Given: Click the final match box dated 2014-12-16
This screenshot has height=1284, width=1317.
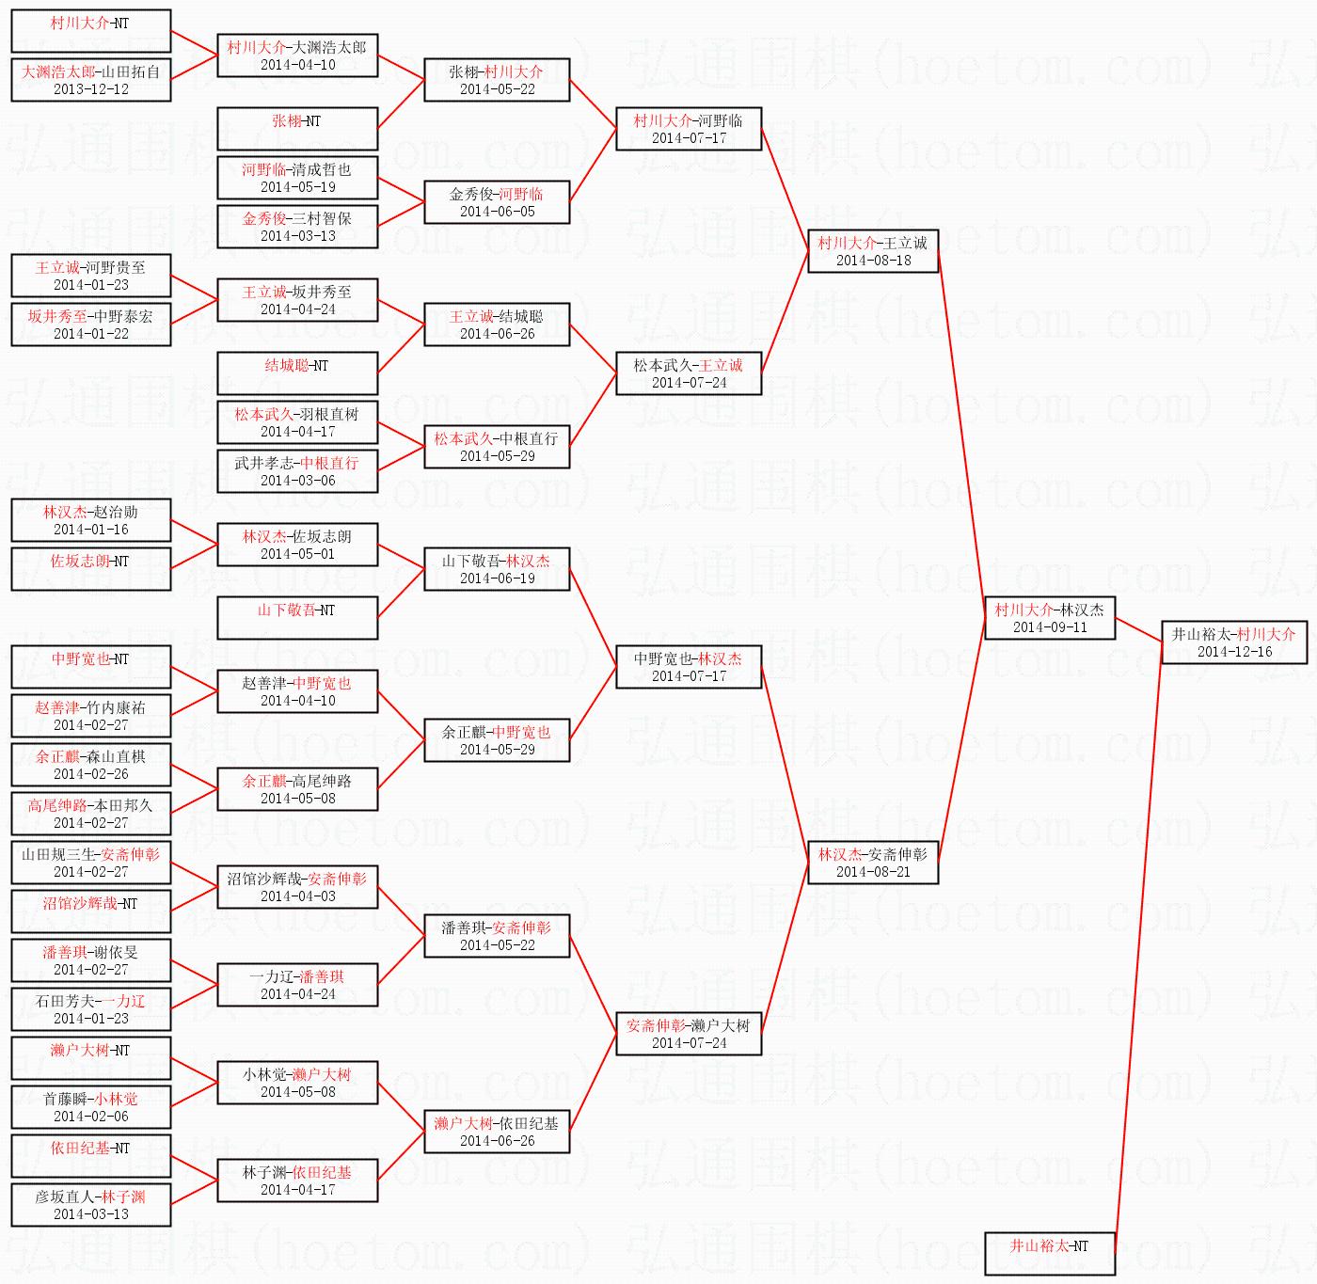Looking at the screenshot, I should click(1233, 642).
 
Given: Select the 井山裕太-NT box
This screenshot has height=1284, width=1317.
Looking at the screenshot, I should click(1049, 1253).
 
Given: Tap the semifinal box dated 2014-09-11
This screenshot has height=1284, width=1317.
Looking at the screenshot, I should click(1049, 618).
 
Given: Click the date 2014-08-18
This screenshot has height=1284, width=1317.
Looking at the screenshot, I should click(873, 261).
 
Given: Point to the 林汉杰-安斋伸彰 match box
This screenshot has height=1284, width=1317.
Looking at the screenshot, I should click(873, 863).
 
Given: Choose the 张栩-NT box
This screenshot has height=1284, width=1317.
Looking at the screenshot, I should click(297, 128).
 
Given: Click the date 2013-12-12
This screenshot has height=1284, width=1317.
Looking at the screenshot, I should click(91, 89).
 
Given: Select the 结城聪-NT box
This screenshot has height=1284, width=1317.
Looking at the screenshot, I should click(297, 373).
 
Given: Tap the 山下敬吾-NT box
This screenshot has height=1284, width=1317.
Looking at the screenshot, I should click(297, 617).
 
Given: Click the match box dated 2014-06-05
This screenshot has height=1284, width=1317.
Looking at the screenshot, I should click(497, 202).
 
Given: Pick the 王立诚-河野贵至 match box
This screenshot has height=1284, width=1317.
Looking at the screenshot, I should click(91, 276).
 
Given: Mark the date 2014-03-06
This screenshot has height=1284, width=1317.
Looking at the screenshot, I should click(298, 481).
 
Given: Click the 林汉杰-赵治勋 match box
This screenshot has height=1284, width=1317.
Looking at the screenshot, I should click(91, 520).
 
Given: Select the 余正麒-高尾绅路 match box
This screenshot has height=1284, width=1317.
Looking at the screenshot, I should click(297, 789).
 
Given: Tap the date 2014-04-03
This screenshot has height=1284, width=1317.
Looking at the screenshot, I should click(298, 896).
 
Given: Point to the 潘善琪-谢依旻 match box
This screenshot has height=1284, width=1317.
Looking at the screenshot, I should click(91, 960).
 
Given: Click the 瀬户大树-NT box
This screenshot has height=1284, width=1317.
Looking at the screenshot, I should click(91, 1057).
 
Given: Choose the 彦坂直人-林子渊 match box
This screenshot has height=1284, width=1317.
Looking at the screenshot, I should click(91, 1205).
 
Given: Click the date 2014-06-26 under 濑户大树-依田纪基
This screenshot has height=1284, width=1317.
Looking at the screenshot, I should click(497, 1141).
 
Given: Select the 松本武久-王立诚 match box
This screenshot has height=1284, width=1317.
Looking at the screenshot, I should click(689, 373).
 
